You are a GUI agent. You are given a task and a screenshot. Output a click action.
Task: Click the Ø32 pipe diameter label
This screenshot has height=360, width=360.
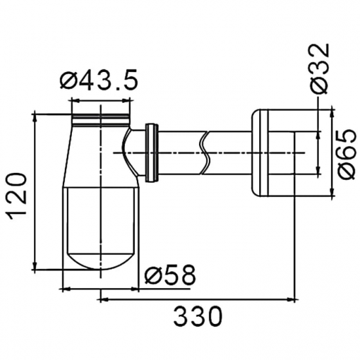point(320,67)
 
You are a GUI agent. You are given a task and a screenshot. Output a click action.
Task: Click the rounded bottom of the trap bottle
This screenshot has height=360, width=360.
point(101,259)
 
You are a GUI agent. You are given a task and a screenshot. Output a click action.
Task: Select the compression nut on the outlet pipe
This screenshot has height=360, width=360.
point(153,152)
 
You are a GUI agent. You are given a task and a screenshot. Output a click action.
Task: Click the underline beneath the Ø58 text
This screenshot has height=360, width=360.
point(169,287)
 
